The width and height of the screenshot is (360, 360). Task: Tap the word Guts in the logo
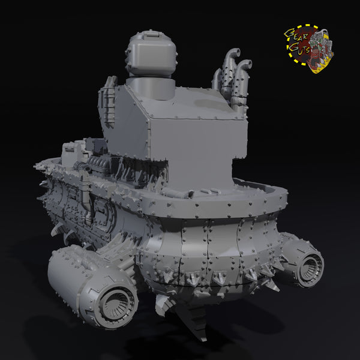(x=299, y=49)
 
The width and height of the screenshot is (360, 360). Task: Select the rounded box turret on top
(x=151, y=53)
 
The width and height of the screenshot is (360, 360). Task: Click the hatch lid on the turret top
(x=151, y=35)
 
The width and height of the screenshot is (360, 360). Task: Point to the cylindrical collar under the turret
(x=151, y=88)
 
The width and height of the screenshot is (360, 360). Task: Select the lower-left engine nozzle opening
(x=114, y=306)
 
